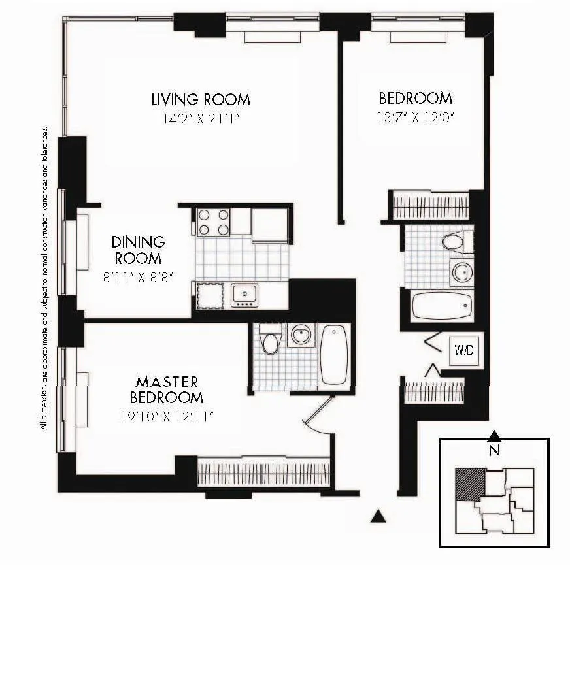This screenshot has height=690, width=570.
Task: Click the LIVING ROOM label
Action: tap(201, 100)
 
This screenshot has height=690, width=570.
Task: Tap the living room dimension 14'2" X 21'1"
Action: tap(201, 119)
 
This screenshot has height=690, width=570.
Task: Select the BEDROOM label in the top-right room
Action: tap(415, 99)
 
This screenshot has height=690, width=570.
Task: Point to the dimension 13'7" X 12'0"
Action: tap(415, 118)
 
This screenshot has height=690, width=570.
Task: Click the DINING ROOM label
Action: tap(138, 250)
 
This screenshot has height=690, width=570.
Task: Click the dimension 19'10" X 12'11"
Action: tap(167, 416)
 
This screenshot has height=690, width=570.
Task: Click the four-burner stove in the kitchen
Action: tap(214, 222)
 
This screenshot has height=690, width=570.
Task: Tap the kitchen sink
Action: tap(244, 295)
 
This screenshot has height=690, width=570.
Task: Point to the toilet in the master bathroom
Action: tap(270, 340)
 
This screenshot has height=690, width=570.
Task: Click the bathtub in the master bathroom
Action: tap(334, 355)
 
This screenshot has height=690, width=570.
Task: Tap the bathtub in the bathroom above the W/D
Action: tap(441, 305)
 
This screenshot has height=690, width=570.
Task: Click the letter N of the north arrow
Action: tap(495, 450)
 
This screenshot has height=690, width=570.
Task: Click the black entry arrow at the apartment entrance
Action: tap(377, 516)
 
